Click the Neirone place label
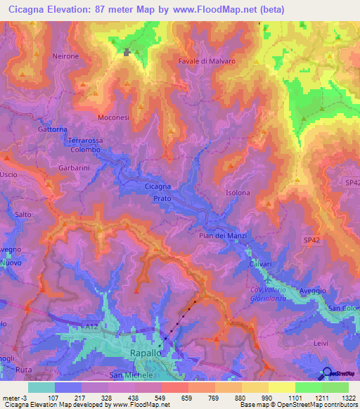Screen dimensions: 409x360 click(65, 56)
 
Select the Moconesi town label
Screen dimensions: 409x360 click(113, 117)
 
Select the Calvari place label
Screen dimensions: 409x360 click(259, 264)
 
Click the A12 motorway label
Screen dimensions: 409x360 click(93, 327)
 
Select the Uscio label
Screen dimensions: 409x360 click(8, 174)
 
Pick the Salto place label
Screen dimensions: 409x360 click(20, 215)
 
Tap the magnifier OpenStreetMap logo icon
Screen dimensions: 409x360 click(327, 373)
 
